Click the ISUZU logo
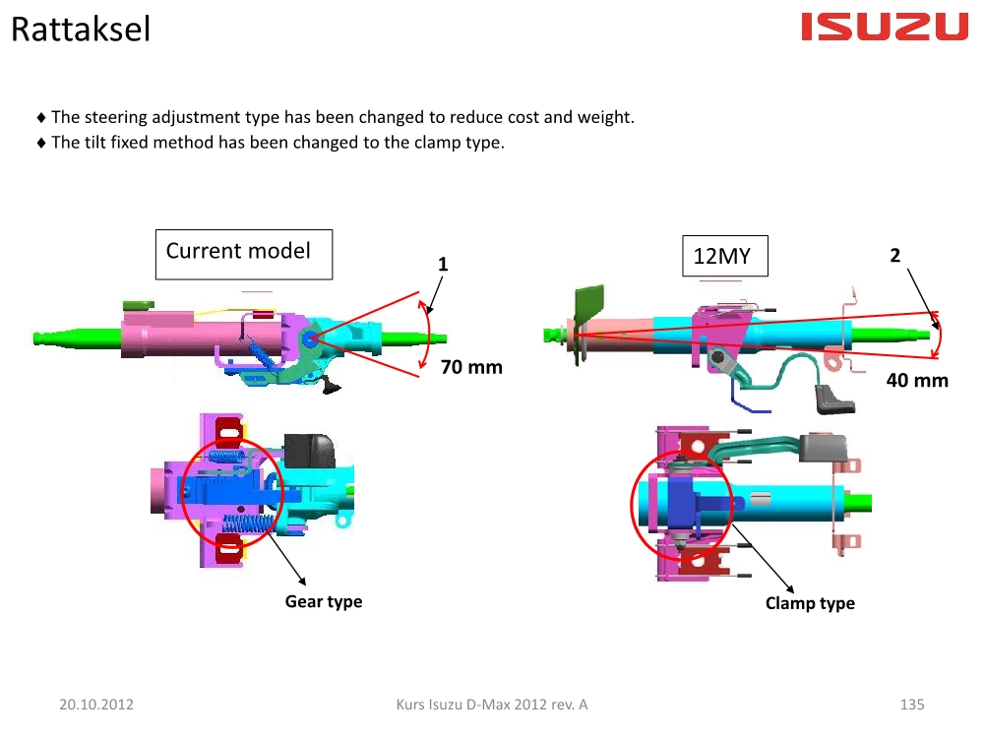pos(885,27)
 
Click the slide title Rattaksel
pos(81,29)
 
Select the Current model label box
pos(244,254)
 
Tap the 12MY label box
pos(725,256)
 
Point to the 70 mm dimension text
pos(471,367)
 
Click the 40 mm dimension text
pos(917,380)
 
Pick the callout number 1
pos(443,264)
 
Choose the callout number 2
pos(894,256)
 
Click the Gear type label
pos(324,602)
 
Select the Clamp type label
pos(810,604)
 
